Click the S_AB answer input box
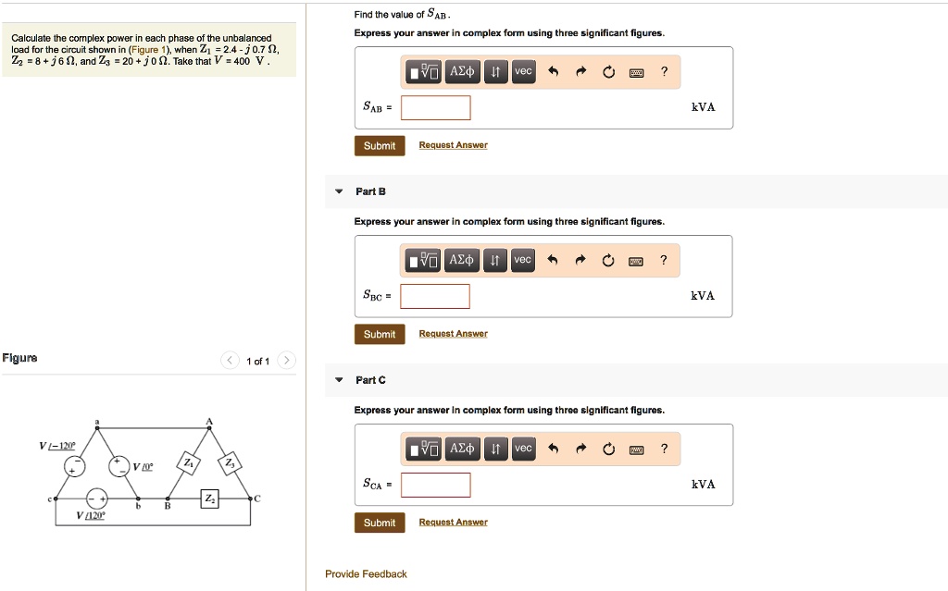click(435, 107)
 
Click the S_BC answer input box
click(435, 296)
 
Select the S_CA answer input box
click(435, 485)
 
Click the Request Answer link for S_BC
click(453, 334)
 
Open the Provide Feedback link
click(366, 574)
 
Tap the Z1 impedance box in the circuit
click(189, 462)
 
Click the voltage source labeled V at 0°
click(119, 466)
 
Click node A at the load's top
click(209, 427)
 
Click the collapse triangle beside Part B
click(338, 191)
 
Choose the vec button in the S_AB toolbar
click(523, 72)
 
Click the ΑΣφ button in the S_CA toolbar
click(461, 449)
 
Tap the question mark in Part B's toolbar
click(663, 261)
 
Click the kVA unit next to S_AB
click(704, 107)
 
